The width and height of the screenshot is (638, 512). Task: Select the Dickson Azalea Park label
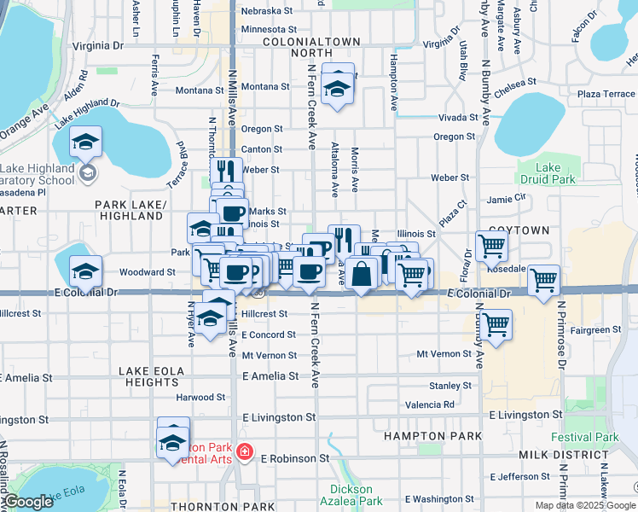(x=351, y=495)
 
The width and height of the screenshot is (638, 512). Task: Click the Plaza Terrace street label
(x=606, y=94)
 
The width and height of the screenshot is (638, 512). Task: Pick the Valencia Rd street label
(x=430, y=404)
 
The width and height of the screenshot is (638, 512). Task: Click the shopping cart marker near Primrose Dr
(x=543, y=280)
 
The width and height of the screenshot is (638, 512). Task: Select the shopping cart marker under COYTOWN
(x=492, y=246)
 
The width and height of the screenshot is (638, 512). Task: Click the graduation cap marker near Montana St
(x=339, y=88)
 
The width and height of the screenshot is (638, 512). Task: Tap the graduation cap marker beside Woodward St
(x=85, y=272)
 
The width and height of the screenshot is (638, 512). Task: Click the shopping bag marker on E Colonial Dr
(x=362, y=275)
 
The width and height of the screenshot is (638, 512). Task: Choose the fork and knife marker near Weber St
(x=226, y=171)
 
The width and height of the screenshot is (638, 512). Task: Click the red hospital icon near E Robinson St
(x=246, y=451)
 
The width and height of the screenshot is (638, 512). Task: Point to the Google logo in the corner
(x=28, y=502)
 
